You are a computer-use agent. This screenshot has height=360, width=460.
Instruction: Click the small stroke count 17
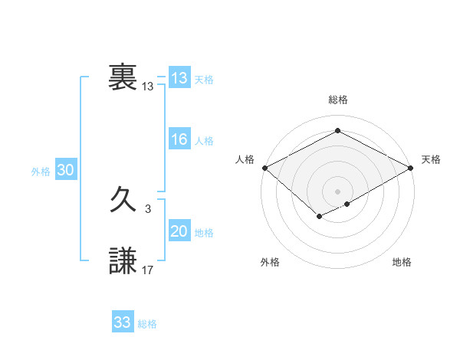[148, 270]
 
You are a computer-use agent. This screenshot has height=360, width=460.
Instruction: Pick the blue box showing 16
[179, 139]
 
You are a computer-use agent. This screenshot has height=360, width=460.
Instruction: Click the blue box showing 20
[179, 231]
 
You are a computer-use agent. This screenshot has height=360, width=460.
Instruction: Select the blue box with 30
[65, 171]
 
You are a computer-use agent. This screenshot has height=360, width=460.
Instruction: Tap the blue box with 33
[122, 322]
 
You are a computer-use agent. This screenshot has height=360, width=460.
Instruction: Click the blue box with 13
[179, 78]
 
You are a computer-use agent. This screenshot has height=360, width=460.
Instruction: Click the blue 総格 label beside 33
[147, 324]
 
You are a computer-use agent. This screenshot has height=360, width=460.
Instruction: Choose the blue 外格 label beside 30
[41, 172]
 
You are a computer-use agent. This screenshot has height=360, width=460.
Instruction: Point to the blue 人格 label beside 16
[204, 141]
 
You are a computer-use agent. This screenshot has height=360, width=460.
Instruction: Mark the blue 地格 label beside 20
[204, 233]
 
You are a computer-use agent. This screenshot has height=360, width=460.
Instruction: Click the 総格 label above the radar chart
[337, 100]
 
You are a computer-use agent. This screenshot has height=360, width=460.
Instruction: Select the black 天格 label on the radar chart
[431, 159]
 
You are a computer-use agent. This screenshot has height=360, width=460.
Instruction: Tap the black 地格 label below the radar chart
[402, 262]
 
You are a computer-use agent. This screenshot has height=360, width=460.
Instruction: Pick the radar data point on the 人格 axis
[264, 168]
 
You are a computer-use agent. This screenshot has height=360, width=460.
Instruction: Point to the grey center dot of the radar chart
[337, 191]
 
